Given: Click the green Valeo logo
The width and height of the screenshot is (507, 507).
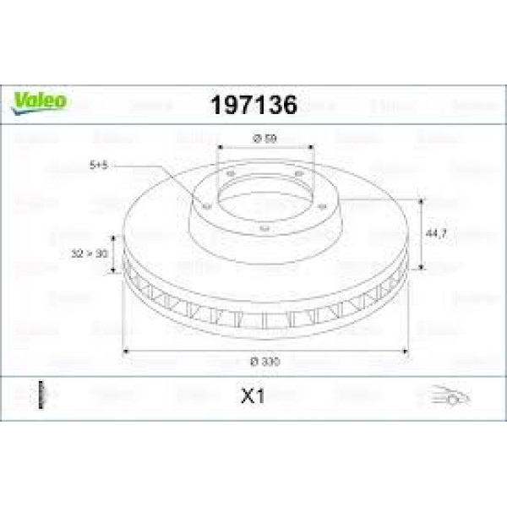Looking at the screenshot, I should (x=39, y=101).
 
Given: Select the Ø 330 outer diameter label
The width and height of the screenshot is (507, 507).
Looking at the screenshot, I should (x=264, y=361).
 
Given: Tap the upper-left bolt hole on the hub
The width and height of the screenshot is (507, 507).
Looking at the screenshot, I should (x=230, y=176).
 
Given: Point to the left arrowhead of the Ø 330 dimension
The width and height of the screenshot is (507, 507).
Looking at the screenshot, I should (x=127, y=350).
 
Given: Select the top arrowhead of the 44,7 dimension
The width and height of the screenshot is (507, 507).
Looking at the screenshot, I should (x=421, y=199).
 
